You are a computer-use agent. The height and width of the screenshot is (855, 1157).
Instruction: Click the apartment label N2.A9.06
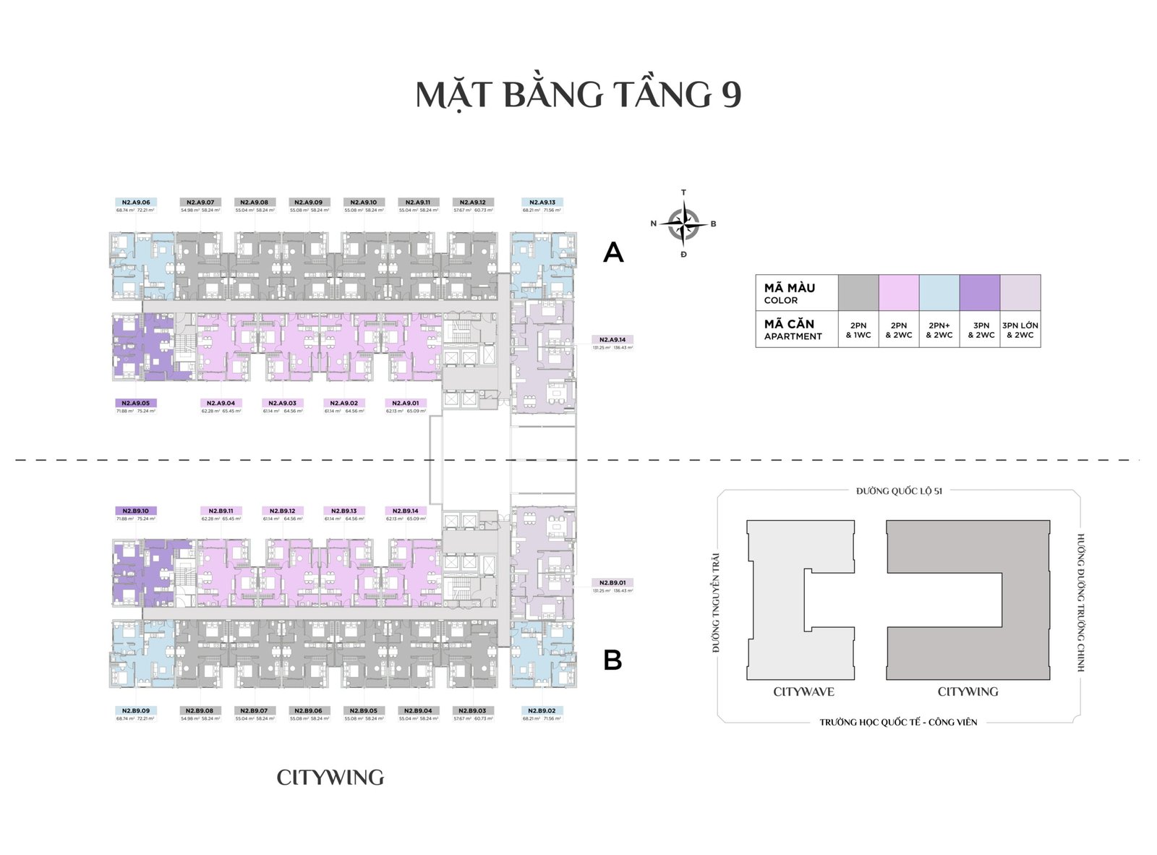[136, 203]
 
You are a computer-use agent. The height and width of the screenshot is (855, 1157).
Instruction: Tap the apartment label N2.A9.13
[542, 203]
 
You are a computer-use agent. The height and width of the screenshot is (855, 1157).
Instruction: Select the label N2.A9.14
[612, 339]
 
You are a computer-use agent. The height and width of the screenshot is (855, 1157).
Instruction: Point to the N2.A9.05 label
[136, 403]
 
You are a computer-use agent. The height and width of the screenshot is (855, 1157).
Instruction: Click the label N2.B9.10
[136, 511]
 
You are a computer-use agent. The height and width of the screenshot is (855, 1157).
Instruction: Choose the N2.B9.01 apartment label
[612, 582]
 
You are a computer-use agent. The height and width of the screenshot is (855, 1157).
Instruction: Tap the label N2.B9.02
[542, 710]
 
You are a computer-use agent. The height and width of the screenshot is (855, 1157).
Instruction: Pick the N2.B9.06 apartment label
[309, 710]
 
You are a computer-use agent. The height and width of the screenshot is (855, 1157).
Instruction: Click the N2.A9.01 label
[406, 403]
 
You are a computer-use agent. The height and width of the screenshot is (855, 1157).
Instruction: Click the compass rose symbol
[683, 224]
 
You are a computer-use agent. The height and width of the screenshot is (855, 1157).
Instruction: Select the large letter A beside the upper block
[613, 252]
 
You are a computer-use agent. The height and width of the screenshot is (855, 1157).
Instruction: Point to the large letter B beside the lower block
[612, 660]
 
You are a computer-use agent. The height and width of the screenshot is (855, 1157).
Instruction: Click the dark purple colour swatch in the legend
[980, 293]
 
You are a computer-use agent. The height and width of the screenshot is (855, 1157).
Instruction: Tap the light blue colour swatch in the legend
[939, 293]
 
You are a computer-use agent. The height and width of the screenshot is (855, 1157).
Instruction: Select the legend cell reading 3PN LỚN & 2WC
[1020, 330]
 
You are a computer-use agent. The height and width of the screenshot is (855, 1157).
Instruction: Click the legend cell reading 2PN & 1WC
[858, 330]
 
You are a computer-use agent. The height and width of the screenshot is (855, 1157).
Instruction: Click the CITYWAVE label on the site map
[803, 692]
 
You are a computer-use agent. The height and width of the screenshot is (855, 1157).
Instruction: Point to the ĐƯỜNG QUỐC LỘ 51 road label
[899, 491]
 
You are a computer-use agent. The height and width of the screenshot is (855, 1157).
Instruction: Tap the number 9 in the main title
[730, 95]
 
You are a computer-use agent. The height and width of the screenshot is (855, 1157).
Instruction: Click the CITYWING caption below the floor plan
[330, 778]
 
